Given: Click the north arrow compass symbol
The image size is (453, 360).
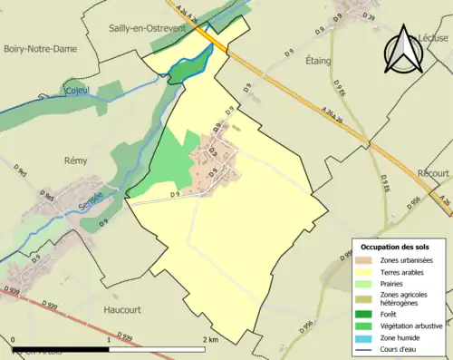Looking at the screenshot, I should tap(405, 49).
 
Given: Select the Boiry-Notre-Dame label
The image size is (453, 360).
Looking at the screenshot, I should tap(38, 49).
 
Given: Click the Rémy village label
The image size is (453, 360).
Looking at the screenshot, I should tap(74, 161).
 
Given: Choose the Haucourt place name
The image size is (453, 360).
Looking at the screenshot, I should tap(133, 308).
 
